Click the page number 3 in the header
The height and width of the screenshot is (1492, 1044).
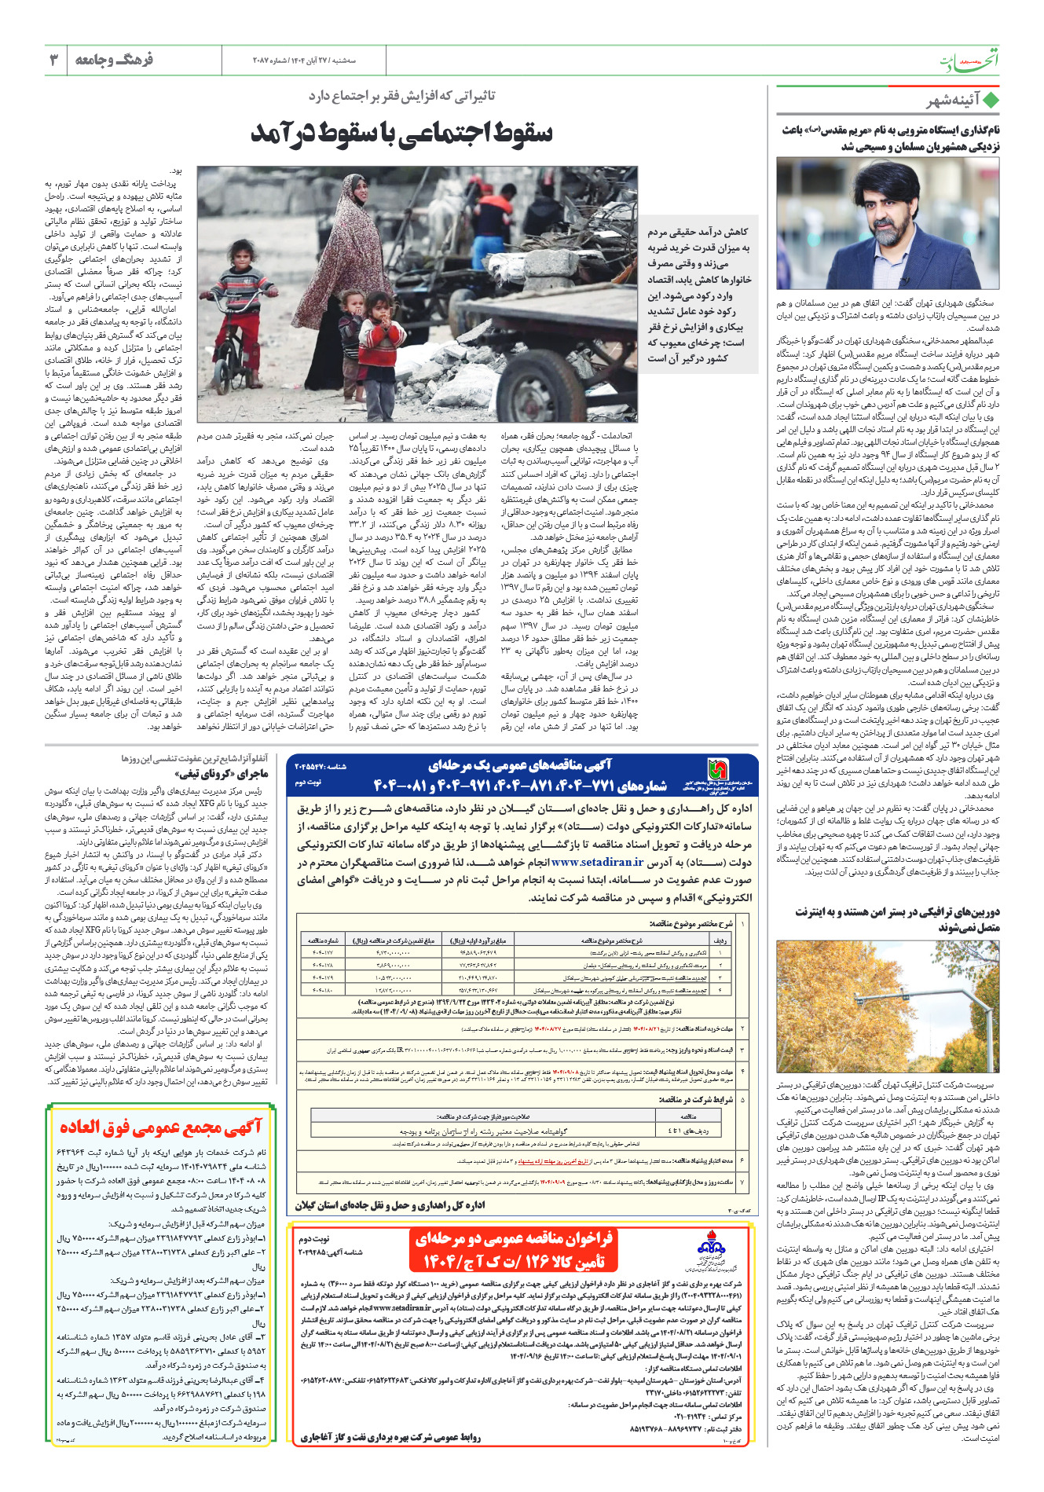[53, 60]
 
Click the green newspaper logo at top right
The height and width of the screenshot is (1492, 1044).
[970, 60]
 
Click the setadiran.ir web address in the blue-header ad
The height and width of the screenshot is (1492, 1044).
[597, 862]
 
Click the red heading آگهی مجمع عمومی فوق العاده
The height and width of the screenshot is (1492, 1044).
[160, 1127]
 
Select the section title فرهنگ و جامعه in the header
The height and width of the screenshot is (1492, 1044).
[115, 60]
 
